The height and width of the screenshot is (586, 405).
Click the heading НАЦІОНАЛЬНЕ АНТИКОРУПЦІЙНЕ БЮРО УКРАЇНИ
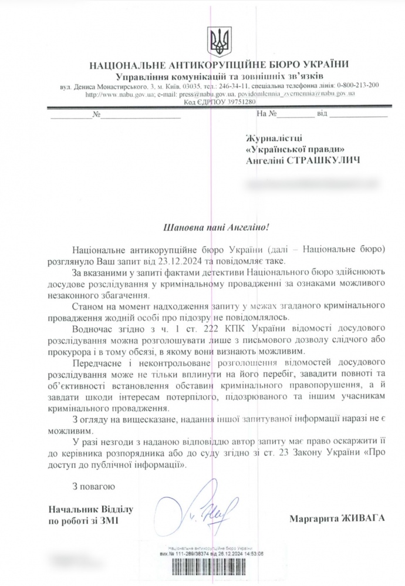pyautogui.click(x=218, y=65)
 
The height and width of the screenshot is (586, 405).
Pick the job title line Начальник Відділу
pyautogui.click(x=83, y=508)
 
